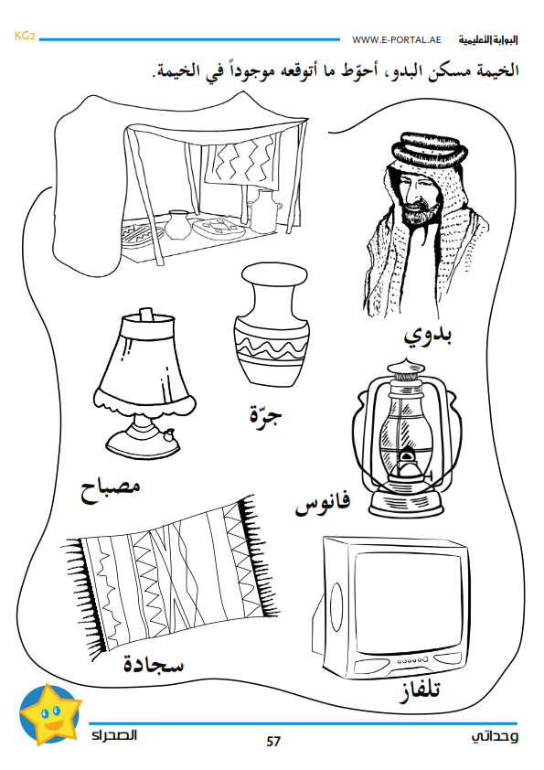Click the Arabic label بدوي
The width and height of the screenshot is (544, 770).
point(428,336)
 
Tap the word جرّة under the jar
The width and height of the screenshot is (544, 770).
point(266,415)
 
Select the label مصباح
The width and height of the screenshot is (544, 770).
point(111,489)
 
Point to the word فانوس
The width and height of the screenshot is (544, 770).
point(322,503)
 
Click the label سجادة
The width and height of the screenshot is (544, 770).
point(154,665)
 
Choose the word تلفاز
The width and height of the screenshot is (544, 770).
point(419,690)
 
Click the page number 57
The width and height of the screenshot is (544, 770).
point(273,741)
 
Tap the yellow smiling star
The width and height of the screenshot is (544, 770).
point(49,713)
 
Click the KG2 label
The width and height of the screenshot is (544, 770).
point(25,36)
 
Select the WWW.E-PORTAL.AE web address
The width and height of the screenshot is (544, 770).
point(397,39)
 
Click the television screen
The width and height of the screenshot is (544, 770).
point(409,602)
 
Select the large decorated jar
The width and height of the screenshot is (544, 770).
point(271,325)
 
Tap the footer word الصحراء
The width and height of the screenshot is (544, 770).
point(114,735)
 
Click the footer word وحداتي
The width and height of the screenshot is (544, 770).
point(495,735)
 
